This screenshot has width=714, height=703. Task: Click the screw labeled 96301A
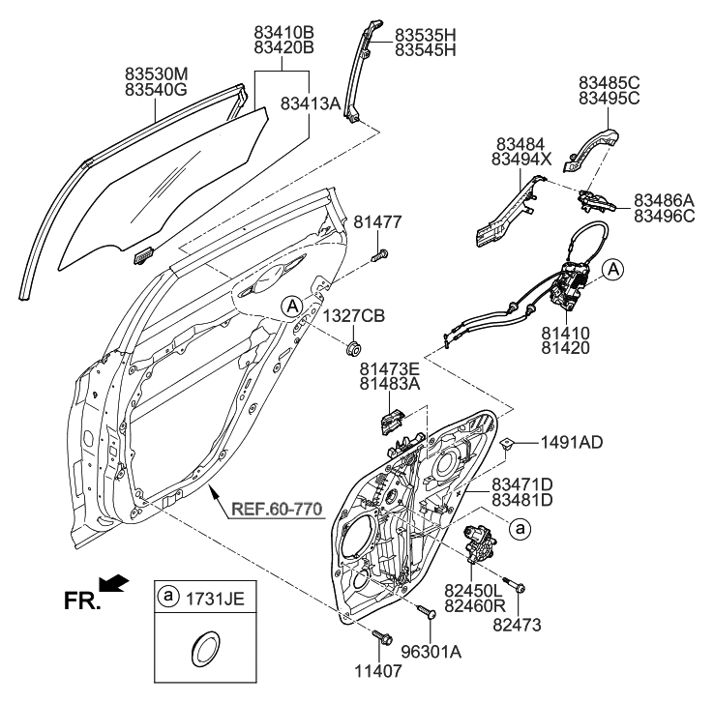pyautogui.click(x=424, y=610)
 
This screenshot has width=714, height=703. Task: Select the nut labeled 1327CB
pyautogui.click(x=354, y=345)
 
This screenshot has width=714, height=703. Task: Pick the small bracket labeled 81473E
pyautogui.click(x=391, y=423)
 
